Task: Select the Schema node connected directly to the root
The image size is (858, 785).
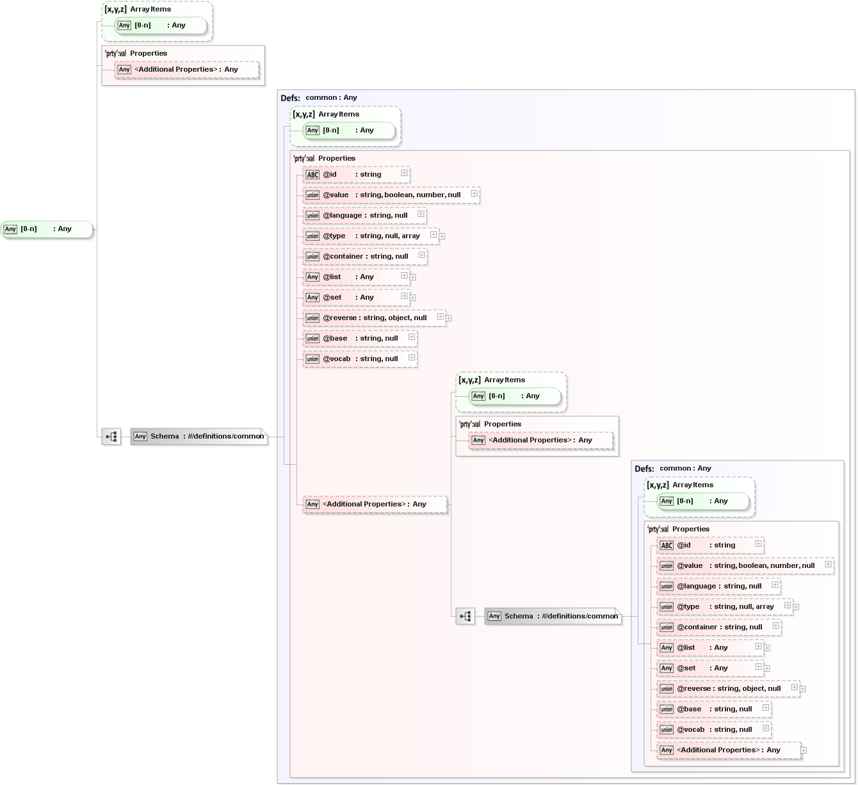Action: (x=198, y=437)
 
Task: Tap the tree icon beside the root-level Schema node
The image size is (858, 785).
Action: (x=111, y=437)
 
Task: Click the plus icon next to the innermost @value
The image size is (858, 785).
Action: (x=828, y=564)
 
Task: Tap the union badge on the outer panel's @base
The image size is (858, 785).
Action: (x=312, y=339)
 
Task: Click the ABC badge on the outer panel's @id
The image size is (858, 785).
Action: (x=312, y=175)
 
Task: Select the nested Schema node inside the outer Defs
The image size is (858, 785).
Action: (x=553, y=617)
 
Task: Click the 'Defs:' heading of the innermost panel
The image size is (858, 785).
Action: (x=644, y=469)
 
